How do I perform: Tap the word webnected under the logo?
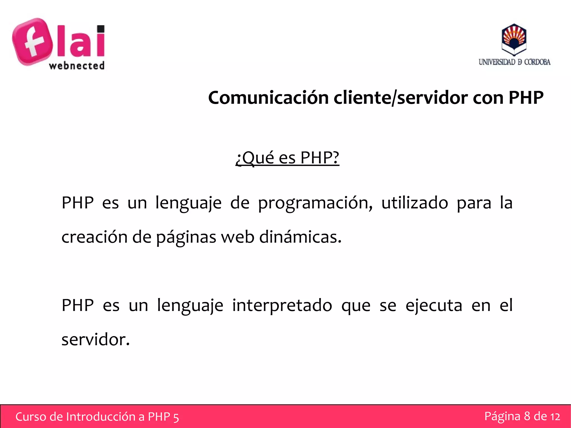[77, 66]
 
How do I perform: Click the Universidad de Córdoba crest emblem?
[514, 40]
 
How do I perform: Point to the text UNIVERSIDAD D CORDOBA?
[514, 62]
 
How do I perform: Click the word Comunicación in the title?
[268, 98]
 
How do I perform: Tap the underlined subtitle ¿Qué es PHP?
[287, 158]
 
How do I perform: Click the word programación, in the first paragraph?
[315, 203]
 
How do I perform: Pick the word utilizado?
[415, 202]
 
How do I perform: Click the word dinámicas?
[300, 237]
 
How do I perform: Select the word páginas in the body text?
[186, 238]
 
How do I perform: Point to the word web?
[238, 237]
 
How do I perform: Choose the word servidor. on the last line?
[96, 340]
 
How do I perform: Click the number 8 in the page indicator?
[527, 416]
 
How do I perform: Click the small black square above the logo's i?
[100, 29]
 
